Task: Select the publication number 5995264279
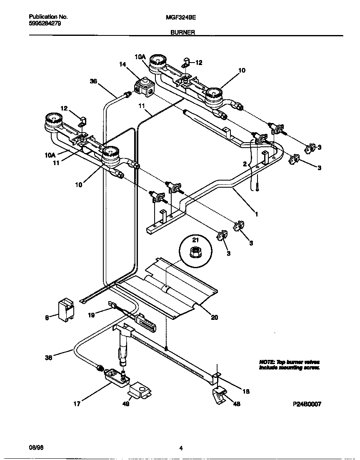coord(45,23)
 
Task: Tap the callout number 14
coord(122,64)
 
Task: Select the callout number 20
coord(214,317)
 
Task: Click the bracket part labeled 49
coord(140,392)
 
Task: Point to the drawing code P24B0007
coord(307,404)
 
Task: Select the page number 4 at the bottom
coord(181,449)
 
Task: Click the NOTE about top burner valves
coord(289,365)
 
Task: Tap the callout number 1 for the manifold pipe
coord(257,214)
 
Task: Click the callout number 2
coord(245,164)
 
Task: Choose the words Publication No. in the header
coord(48,17)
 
